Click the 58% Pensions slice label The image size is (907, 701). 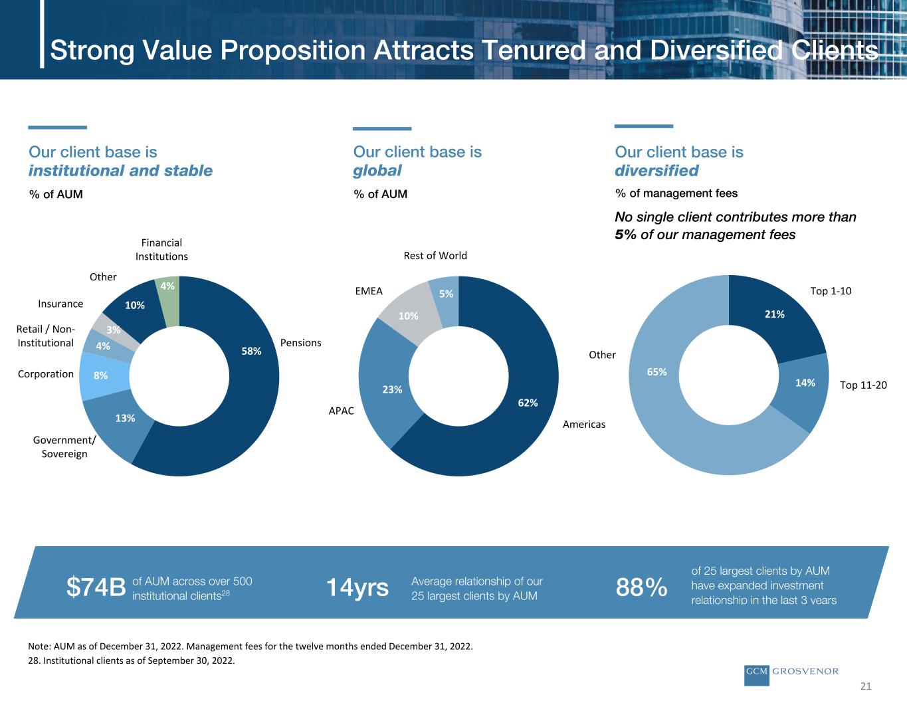click(x=251, y=351)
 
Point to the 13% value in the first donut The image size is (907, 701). click(x=125, y=418)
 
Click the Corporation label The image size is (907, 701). click(x=46, y=374)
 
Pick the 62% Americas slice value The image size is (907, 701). click(x=528, y=403)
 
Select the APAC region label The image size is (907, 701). click(x=342, y=411)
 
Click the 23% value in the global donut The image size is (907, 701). click(x=392, y=390)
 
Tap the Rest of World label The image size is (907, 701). click(x=435, y=256)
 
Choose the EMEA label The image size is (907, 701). click(x=369, y=291)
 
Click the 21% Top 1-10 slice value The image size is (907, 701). click(x=775, y=314)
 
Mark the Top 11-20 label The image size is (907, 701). click(x=864, y=385)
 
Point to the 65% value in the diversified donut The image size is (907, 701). click(x=657, y=373)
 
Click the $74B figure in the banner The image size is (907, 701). click(x=96, y=587)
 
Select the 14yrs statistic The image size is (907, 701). click(x=357, y=587)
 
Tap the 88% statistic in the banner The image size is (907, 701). click(x=642, y=587)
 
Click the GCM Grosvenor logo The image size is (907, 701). click(x=791, y=672)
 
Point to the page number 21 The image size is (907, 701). click(x=865, y=686)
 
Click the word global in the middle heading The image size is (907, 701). click(x=377, y=171)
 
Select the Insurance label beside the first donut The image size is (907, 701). click(x=60, y=304)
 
